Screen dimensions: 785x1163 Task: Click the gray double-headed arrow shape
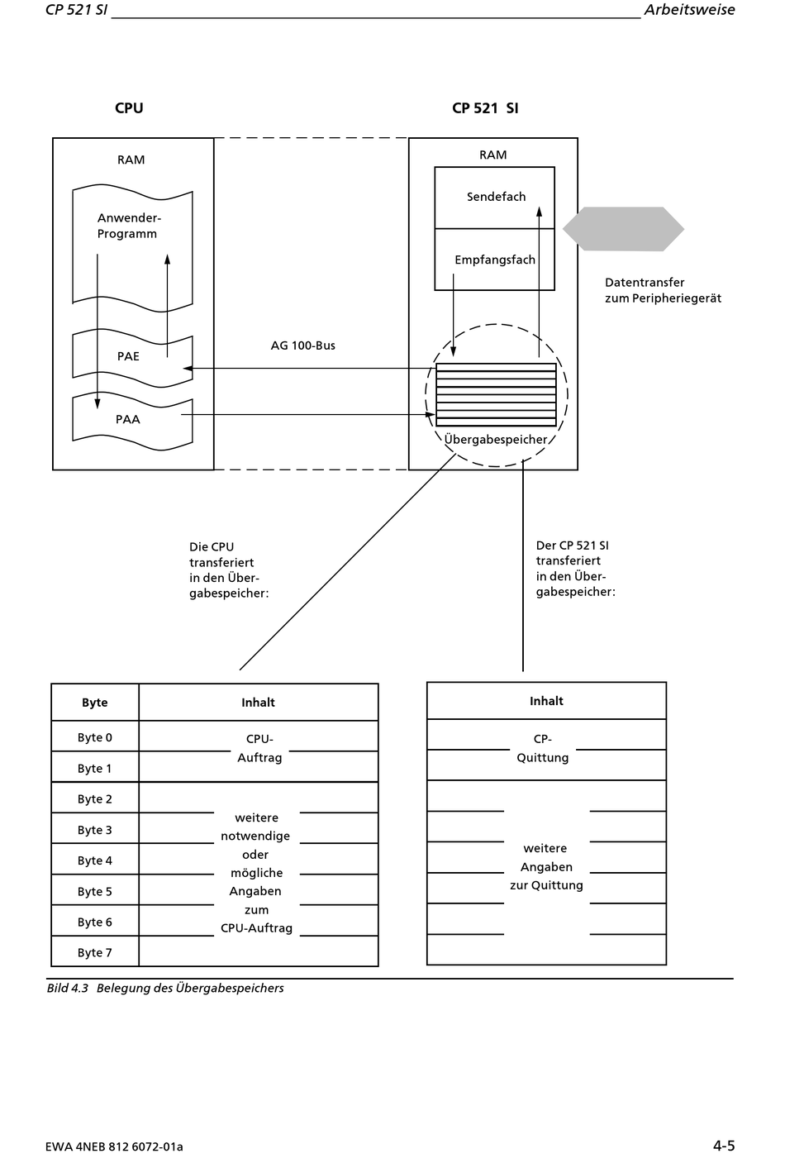tap(623, 229)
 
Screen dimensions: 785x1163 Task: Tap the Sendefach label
tap(496, 197)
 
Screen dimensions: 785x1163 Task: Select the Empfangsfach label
tap(495, 260)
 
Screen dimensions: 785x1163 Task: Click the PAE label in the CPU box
tap(128, 356)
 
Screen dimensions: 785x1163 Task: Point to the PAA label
tap(128, 419)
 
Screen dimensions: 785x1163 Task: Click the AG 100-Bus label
tap(302, 346)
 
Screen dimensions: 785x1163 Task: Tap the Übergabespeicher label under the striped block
tap(495, 439)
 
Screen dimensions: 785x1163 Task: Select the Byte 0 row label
tap(94, 737)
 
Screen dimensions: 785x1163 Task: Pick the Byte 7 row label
tap(94, 952)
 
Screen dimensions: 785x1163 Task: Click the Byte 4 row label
tap(94, 860)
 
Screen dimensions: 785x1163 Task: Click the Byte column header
tap(94, 703)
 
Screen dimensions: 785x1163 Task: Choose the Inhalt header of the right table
tap(546, 701)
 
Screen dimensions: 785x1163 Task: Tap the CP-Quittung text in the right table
tap(543, 748)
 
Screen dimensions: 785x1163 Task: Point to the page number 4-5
tap(724, 1146)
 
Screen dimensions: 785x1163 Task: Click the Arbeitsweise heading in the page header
tap(689, 9)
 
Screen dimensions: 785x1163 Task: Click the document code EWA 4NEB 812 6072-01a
tap(114, 1146)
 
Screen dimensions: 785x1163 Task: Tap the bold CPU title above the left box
tap(129, 108)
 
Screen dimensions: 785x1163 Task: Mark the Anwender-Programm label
tap(129, 226)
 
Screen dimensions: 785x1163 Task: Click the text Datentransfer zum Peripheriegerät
tap(663, 290)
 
